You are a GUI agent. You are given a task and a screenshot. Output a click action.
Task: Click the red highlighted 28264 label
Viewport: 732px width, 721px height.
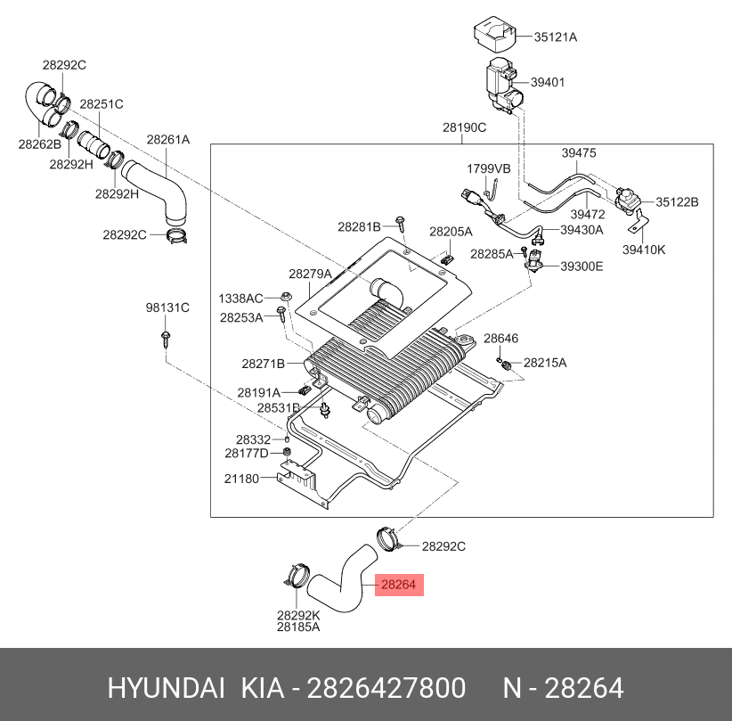399,586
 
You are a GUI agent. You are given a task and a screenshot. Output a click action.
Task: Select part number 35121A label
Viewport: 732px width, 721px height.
555,37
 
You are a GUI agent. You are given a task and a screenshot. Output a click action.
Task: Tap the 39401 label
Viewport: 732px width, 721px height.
548,82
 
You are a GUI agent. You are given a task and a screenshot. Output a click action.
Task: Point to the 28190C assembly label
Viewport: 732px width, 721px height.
464,127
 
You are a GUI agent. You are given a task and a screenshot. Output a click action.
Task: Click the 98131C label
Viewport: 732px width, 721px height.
167,307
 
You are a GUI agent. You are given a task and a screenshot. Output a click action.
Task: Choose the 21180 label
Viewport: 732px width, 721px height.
241,479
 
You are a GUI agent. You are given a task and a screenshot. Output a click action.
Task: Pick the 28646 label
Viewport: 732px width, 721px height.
500,339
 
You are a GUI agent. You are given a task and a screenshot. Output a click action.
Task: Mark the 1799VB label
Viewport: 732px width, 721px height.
489,168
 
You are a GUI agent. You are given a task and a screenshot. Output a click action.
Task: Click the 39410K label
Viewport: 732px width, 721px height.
644,250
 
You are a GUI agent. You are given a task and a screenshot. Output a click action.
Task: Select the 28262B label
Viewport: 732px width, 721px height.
39,144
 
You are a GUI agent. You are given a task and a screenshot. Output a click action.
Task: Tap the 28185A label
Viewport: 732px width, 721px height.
297,627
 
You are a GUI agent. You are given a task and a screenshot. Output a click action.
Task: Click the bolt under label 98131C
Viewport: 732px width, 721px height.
167,337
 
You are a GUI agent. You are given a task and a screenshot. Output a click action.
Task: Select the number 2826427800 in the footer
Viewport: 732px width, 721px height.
386,689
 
